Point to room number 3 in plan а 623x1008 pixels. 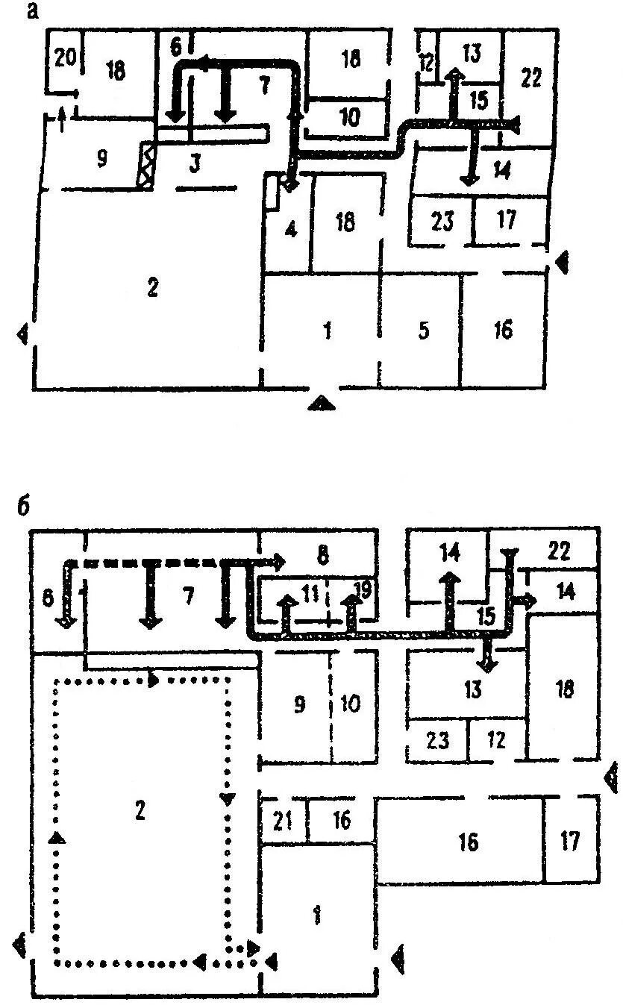pyautogui.click(x=195, y=163)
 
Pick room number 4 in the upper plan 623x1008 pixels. pyautogui.click(x=291, y=228)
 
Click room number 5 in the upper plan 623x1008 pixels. pyautogui.click(x=423, y=331)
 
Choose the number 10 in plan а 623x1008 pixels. pyautogui.click(x=348, y=116)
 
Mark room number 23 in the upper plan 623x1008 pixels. pyautogui.click(x=442, y=222)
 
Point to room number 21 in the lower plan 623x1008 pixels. pyautogui.click(x=281, y=822)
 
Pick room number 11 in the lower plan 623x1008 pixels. pyautogui.click(x=311, y=595)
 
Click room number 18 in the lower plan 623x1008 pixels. pyautogui.click(x=565, y=689)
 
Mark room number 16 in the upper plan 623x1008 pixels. pyautogui.click(x=504, y=329)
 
